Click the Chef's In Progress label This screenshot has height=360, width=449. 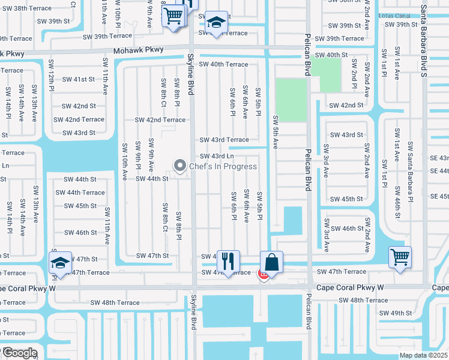(223, 166)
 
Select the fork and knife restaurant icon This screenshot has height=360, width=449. (228, 261)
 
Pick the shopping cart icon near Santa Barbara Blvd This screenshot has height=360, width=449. (400, 257)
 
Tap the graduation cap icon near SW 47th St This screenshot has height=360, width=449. (60, 262)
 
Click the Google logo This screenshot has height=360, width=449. (20, 353)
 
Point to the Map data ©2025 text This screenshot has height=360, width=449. (423, 355)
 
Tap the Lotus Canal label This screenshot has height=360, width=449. (395, 16)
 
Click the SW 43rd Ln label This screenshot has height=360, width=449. (217, 157)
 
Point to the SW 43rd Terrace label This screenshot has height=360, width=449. (224, 140)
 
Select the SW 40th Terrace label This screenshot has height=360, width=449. (223, 64)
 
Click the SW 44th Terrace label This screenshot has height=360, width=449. (80, 193)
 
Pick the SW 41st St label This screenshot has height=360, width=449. (79, 79)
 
